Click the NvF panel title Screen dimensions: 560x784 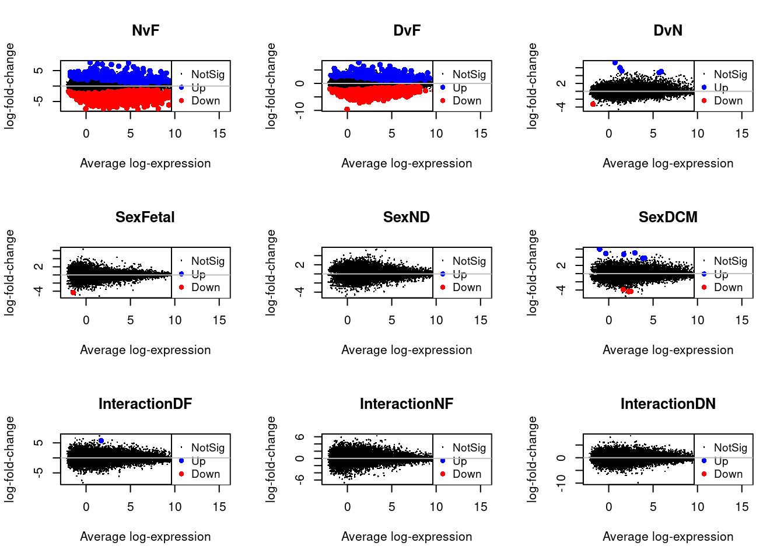point(145,30)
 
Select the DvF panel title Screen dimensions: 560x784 point(407,30)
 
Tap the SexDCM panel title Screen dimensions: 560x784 point(668,217)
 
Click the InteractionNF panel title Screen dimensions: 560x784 point(407,404)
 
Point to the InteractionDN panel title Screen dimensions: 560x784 point(668,404)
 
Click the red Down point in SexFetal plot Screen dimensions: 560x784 point(73,292)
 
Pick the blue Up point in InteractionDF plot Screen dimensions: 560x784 point(101,441)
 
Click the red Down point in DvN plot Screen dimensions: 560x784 point(593,104)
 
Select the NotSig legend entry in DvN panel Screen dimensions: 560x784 point(730,74)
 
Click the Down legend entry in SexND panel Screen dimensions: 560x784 point(467,287)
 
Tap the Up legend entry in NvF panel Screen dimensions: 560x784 point(198,87)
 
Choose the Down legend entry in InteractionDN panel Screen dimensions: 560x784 point(728,474)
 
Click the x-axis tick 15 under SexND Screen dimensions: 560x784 point(481,320)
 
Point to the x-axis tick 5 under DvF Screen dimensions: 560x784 point(392,134)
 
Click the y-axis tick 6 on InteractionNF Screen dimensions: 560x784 point(300,437)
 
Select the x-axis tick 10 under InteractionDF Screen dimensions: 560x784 point(175,507)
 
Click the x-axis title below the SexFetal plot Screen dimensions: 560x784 point(145,350)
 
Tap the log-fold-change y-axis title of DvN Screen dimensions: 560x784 point(532,86)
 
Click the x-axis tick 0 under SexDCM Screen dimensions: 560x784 point(609,320)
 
